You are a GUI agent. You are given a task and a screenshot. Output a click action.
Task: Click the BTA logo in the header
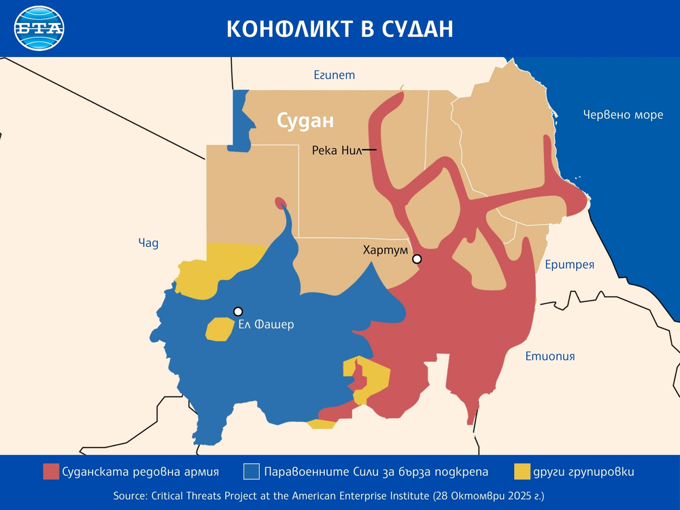point(39,29)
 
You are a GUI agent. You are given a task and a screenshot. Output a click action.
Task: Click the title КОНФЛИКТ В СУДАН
point(339,29)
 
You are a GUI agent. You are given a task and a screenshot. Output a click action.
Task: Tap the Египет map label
point(334,75)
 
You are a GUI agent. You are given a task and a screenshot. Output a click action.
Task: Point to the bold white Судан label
point(305,121)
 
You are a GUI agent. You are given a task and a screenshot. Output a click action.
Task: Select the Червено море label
point(623,114)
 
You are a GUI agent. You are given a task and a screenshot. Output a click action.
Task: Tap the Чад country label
point(148,243)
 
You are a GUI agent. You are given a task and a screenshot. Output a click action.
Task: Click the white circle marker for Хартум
point(417,259)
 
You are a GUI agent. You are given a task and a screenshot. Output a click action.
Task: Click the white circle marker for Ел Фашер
point(238,311)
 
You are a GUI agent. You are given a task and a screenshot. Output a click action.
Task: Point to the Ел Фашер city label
point(266,324)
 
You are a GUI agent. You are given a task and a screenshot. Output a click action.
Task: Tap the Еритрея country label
point(569,265)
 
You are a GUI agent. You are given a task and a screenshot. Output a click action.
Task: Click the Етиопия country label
point(550,356)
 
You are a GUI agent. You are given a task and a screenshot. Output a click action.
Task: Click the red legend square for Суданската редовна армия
point(51,471)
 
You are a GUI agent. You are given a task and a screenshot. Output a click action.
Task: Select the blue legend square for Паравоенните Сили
point(252,471)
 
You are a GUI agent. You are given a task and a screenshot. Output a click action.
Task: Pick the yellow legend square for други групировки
point(522,471)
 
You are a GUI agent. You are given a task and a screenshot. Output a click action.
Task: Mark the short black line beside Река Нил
point(369,150)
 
